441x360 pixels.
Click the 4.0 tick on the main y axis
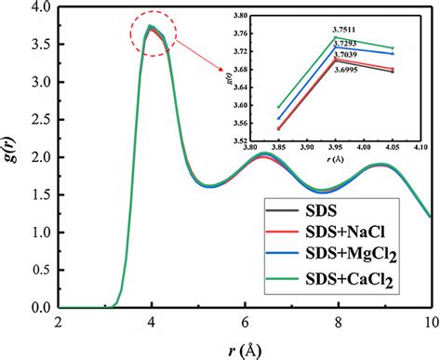coord(42,8)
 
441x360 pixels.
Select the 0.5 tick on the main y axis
coord(42,270)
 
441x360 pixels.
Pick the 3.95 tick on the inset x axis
coord(333,146)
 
